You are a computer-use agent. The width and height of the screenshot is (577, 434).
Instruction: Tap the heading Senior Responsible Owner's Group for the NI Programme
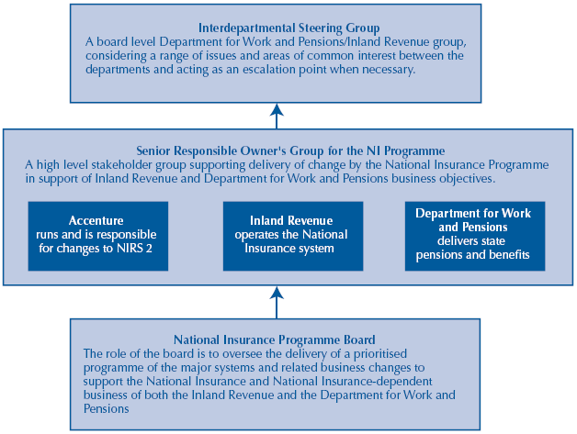click(x=290, y=150)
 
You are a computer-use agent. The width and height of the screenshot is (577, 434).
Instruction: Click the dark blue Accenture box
click(x=98, y=235)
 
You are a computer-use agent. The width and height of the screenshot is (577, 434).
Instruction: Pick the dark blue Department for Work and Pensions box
click(x=474, y=235)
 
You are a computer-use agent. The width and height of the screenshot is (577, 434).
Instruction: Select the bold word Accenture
click(x=96, y=221)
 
